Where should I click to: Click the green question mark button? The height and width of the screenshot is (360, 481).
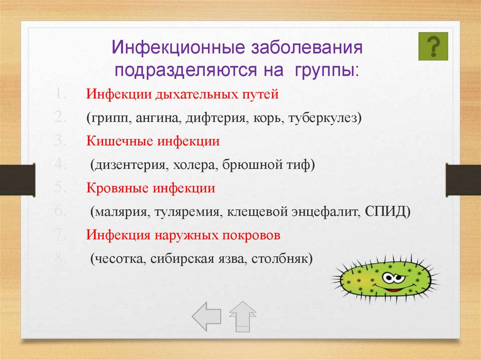pyautogui.click(x=433, y=46)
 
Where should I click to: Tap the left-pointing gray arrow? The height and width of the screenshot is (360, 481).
pyautogui.click(x=207, y=316)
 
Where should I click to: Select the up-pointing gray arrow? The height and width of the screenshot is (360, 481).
pyautogui.click(x=242, y=316)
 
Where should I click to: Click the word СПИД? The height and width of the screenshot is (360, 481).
pyautogui.click(x=386, y=212)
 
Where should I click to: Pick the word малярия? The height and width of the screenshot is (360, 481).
pyautogui.click(x=122, y=212)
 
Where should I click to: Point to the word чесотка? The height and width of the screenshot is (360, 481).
pyautogui.click(x=119, y=259)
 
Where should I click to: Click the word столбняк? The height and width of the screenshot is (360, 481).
pyautogui.click(x=279, y=259)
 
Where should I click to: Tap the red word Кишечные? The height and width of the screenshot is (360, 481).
pyautogui.click(x=119, y=141)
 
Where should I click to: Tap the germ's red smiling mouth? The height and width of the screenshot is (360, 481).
pyautogui.click(x=392, y=290)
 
